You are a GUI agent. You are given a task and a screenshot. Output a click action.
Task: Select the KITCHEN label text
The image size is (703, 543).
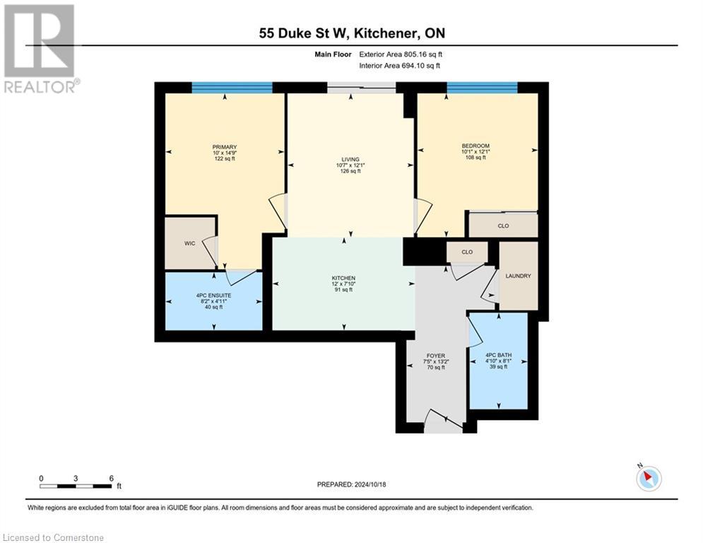343,278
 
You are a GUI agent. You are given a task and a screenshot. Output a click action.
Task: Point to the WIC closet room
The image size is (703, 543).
189,243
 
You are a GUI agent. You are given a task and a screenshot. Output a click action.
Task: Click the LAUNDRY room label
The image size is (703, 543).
518,276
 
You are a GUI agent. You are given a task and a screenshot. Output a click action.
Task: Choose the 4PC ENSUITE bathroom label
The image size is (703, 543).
214,295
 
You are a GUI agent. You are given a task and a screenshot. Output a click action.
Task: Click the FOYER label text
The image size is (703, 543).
435,356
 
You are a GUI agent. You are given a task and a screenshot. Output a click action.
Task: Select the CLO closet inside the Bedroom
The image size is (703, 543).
503,226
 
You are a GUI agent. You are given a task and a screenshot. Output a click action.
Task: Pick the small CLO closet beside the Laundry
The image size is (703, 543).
467,252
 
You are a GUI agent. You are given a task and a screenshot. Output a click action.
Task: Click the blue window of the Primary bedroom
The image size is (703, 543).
232,88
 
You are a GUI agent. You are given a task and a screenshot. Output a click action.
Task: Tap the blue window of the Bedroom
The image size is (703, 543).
482,88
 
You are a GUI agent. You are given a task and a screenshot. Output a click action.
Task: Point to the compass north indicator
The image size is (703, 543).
648,478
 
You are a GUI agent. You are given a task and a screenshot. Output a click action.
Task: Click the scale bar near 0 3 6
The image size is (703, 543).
76,486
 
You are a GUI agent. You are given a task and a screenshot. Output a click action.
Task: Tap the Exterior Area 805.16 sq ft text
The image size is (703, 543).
401,54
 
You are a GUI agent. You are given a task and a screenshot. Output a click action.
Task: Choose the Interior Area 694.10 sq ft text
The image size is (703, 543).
399,66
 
